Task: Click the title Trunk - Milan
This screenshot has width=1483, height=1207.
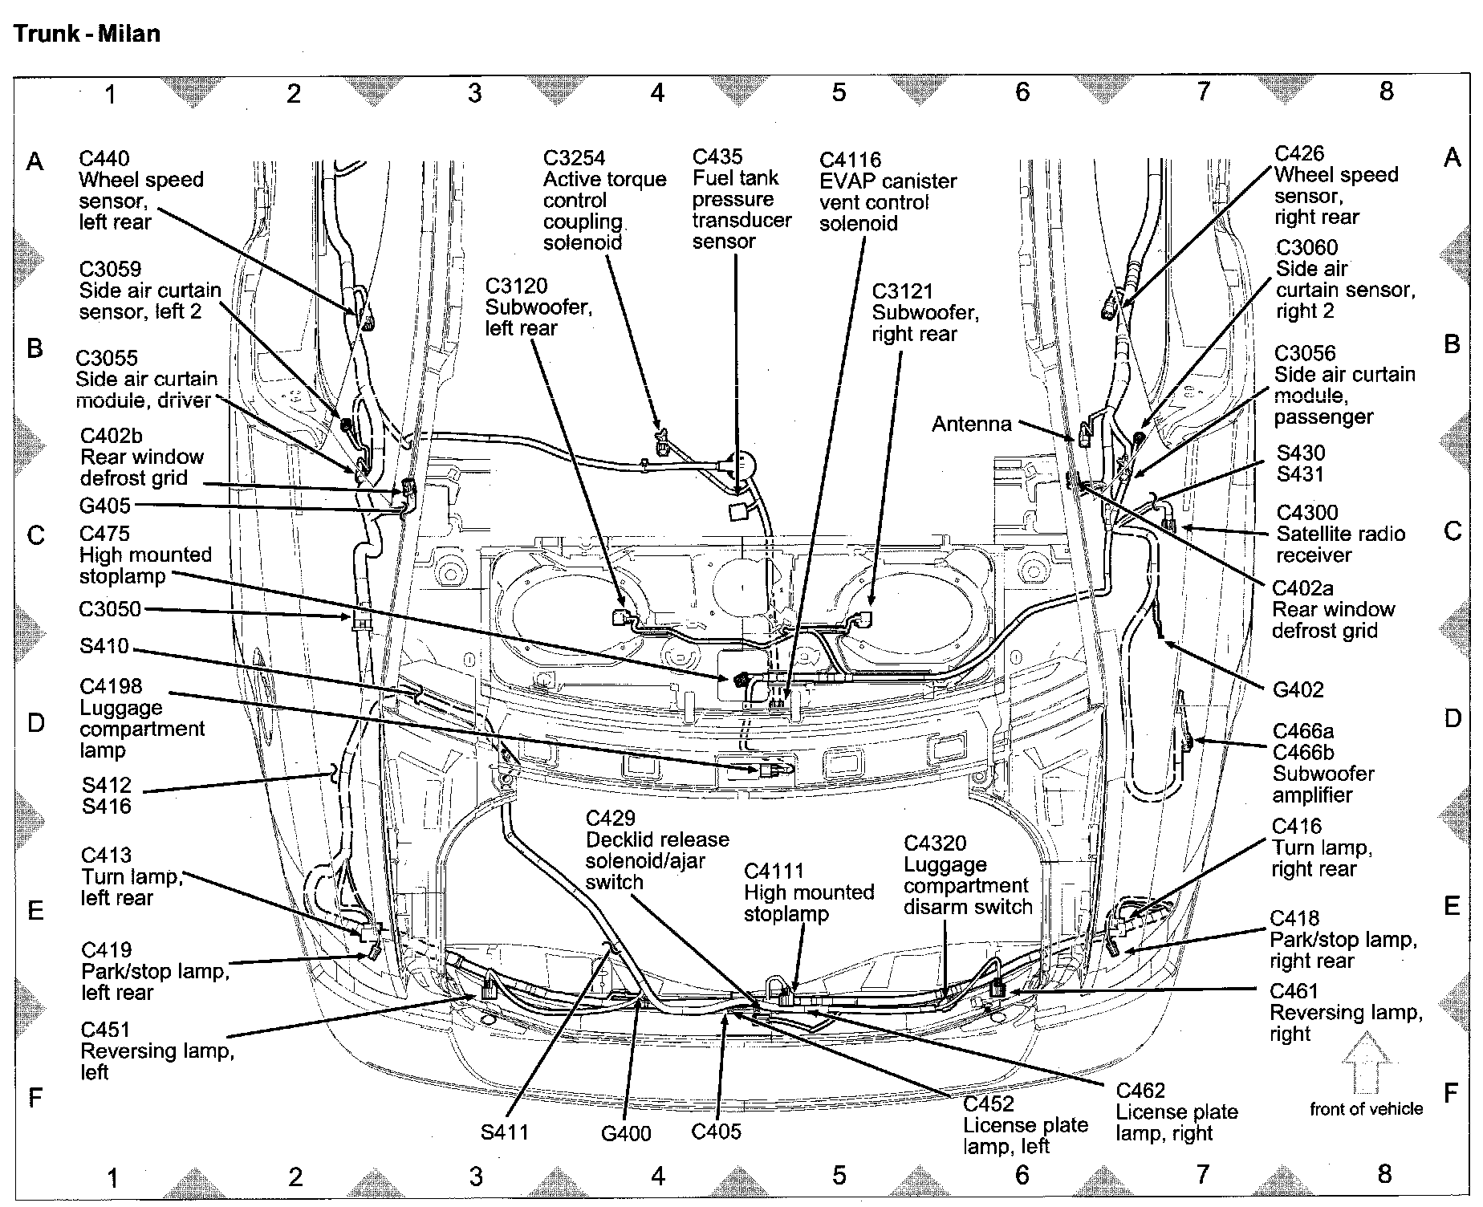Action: [87, 34]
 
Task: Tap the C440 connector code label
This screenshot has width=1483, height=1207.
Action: [104, 158]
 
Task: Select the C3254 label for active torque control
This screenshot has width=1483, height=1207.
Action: [574, 158]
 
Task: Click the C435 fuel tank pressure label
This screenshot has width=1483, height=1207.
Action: [717, 156]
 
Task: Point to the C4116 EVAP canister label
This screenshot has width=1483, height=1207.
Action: [850, 160]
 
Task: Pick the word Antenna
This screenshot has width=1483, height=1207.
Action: [971, 424]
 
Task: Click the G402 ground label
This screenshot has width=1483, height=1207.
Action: [1298, 689]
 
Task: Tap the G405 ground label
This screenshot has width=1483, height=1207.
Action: [104, 506]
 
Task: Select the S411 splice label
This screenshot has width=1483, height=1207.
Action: [505, 1132]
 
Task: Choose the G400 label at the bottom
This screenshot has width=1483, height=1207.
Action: [626, 1133]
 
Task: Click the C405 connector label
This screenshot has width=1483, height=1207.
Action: [716, 1132]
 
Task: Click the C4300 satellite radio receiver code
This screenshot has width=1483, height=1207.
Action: [1307, 512]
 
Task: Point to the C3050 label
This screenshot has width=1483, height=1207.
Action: [110, 608]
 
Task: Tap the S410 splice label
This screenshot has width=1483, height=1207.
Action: [104, 646]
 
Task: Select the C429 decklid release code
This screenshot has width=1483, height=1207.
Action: [610, 818]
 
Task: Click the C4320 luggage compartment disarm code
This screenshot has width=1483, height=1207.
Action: [935, 843]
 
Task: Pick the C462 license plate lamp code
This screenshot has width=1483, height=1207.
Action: [1140, 1090]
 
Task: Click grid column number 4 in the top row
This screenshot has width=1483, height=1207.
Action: [657, 93]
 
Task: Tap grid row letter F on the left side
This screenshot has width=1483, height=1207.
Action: [35, 1096]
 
